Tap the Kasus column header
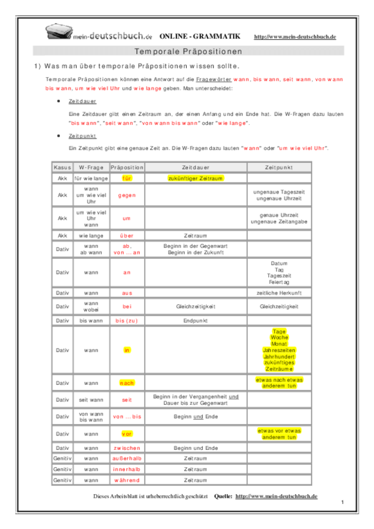tap(62, 168)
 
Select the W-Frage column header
tap(91, 168)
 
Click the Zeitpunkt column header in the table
tap(278, 168)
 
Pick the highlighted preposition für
tap(127, 178)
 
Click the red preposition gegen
tap(127, 195)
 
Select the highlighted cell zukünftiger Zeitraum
tap(195, 178)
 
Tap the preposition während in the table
tap(127, 480)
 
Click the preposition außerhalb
tap(127, 459)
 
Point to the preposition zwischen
tap(127, 448)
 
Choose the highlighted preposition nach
tap(127, 382)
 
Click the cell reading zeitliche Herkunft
tap(278, 293)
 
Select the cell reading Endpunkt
tap(195, 320)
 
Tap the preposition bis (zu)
tap(127, 320)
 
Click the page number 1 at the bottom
tap(343, 502)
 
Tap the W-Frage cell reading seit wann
tap(91, 399)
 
